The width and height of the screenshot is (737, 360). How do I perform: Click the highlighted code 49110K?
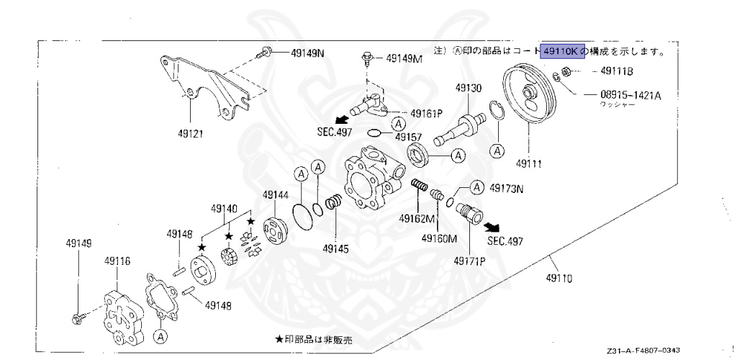click(x=561, y=51)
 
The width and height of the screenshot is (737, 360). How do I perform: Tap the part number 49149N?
click(x=308, y=53)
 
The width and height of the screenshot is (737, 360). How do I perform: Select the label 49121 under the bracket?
click(x=190, y=133)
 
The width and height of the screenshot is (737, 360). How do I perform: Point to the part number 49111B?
click(x=618, y=72)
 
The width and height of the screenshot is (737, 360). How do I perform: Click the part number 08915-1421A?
click(x=631, y=94)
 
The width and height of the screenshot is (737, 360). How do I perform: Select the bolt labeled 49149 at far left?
click(x=78, y=315)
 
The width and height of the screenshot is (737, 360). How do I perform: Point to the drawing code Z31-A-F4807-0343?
click(x=643, y=348)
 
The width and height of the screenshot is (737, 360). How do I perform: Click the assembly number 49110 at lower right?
click(x=559, y=277)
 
